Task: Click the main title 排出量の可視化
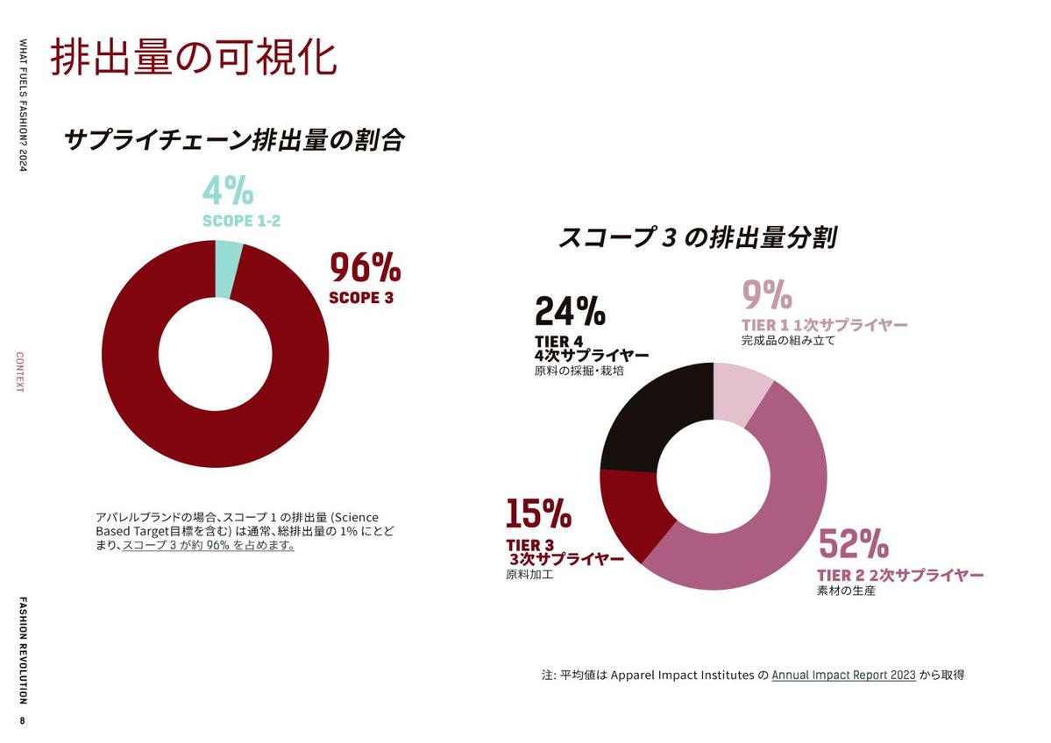(193, 59)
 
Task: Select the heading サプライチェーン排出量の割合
(234, 140)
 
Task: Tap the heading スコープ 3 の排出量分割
(697, 237)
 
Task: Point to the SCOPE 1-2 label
(241, 221)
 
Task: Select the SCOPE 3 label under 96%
(361, 298)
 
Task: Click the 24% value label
(570, 312)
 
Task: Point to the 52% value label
(853, 545)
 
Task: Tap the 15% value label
(538, 514)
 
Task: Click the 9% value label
(767, 296)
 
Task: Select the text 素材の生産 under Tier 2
(846, 591)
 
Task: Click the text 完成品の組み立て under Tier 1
(788, 341)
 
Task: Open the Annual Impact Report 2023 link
(843, 675)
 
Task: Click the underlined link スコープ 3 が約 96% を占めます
(209, 545)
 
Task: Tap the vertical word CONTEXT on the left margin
(20, 371)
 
